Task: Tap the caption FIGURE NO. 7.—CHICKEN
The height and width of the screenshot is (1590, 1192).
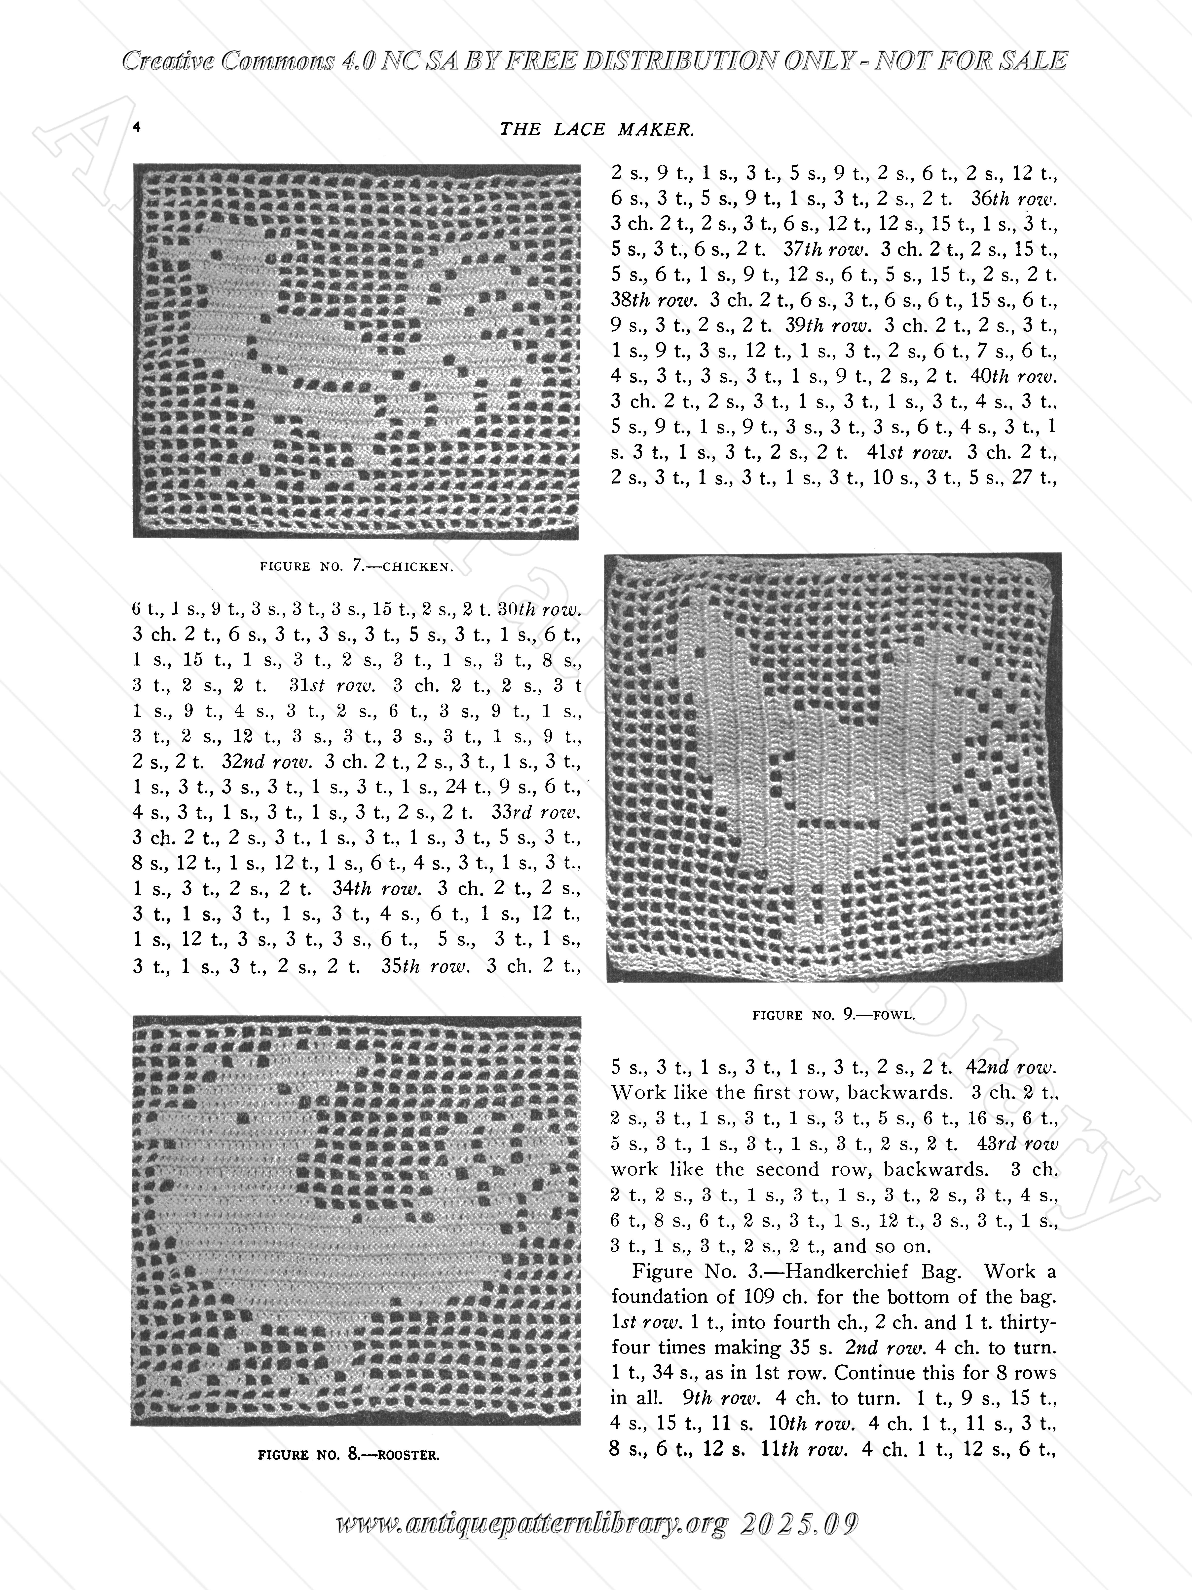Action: pyautogui.click(x=356, y=566)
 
